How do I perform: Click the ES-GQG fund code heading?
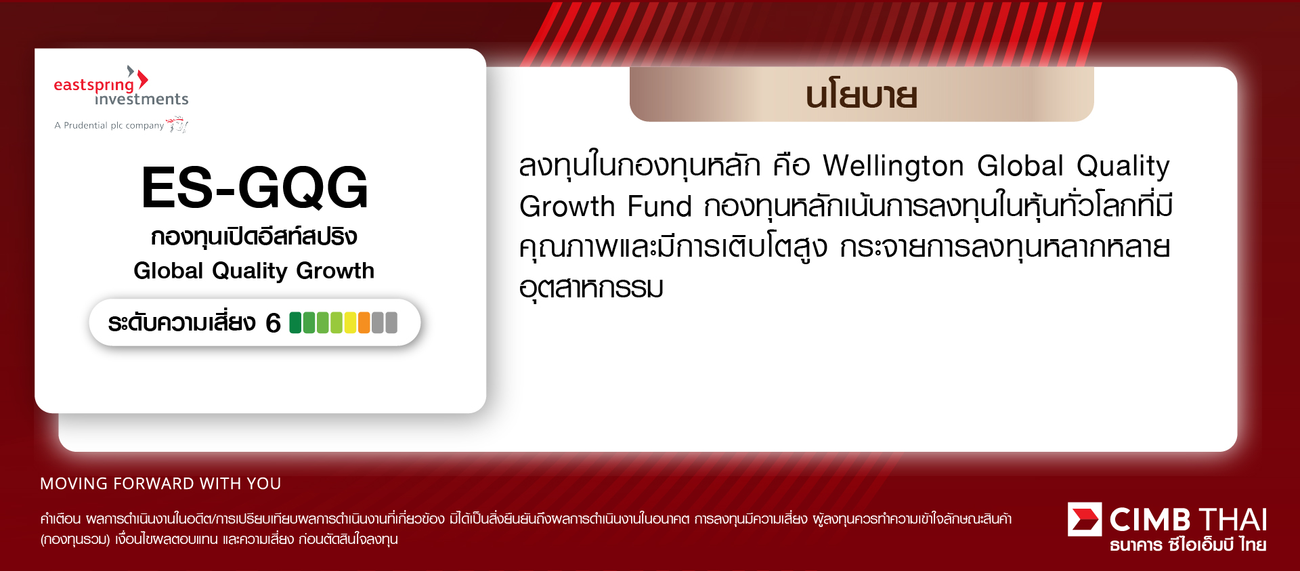[255, 188]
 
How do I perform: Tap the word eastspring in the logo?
[93, 85]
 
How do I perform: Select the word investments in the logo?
[142, 100]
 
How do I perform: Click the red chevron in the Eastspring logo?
[143, 79]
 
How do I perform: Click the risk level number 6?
[273, 323]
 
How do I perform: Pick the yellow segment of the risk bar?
[350, 322]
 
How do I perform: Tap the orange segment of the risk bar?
[364, 322]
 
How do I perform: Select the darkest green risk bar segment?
[295, 322]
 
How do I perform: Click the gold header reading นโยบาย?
[861, 95]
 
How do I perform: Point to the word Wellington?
[893, 166]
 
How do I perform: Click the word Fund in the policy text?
[659, 207]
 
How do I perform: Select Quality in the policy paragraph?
[1123, 167]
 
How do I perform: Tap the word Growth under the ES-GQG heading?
[335, 271]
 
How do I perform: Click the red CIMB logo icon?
[1085, 520]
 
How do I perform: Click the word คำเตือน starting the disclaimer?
[60, 520]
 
